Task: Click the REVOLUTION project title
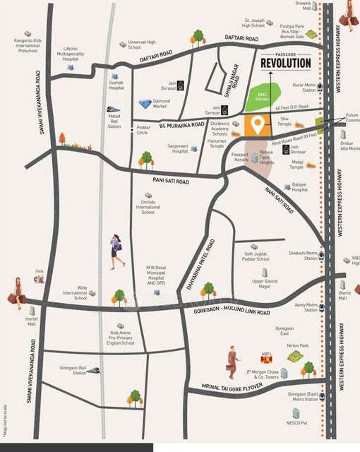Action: click(x=285, y=63)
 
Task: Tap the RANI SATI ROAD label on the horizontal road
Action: click(x=172, y=181)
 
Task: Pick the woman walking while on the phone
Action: click(x=116, y=252)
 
